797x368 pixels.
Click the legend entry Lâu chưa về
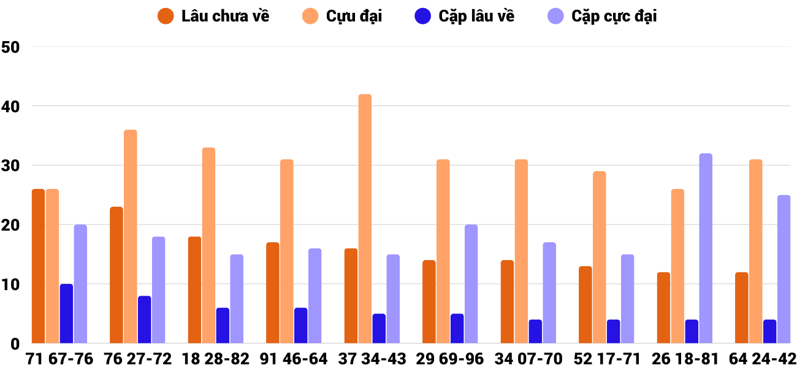[x=213, y=16]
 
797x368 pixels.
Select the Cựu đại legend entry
[x=342, y=16]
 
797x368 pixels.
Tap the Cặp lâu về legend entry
[x=465, y=16]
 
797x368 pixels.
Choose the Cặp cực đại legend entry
[x=601, y=16]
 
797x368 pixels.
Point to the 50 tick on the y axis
[x=11, y=47]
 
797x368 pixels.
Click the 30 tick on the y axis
[x=11, y=166]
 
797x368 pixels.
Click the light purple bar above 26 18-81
[x=706, y=248]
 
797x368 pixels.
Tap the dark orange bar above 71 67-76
[x=38, y=266]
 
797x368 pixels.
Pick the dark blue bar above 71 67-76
[x=66, y=313]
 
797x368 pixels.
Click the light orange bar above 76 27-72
[x=130, y=237]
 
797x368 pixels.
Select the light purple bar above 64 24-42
[x=784, y=269]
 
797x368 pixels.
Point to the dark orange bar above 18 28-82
[x=194, y=290]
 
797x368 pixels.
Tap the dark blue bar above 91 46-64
[x=300, y=326]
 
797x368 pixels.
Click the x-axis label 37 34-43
[x=372, y=359]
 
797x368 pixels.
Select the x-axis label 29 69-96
[x=449, y=359]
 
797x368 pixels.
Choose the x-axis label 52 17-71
[x=606, y=359]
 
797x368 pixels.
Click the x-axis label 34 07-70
[x=528, y=359]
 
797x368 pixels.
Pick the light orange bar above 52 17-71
[x=599, y=258]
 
